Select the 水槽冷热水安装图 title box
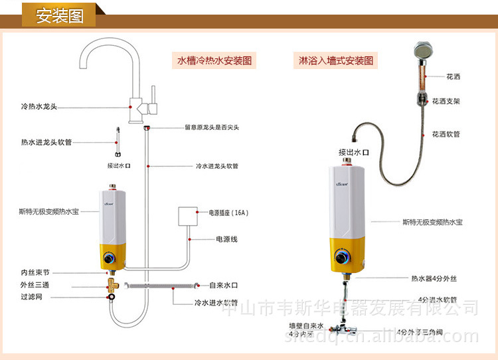tap(214, 60)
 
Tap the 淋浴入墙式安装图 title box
tap(335, 60)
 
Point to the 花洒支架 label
tap(446, 102)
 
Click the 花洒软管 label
tap(446, 134)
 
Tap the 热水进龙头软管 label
tap(46, 141)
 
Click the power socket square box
tap(188, 218)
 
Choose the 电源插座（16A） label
tap(229, 213)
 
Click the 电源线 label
tap(226, 238)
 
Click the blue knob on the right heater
tap(344, 258)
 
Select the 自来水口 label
tap(225, 285)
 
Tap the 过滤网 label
tap(31, 297)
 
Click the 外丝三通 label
tap(35, 285)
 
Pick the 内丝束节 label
tap(35, 272)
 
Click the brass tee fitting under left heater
tap(113, 286)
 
